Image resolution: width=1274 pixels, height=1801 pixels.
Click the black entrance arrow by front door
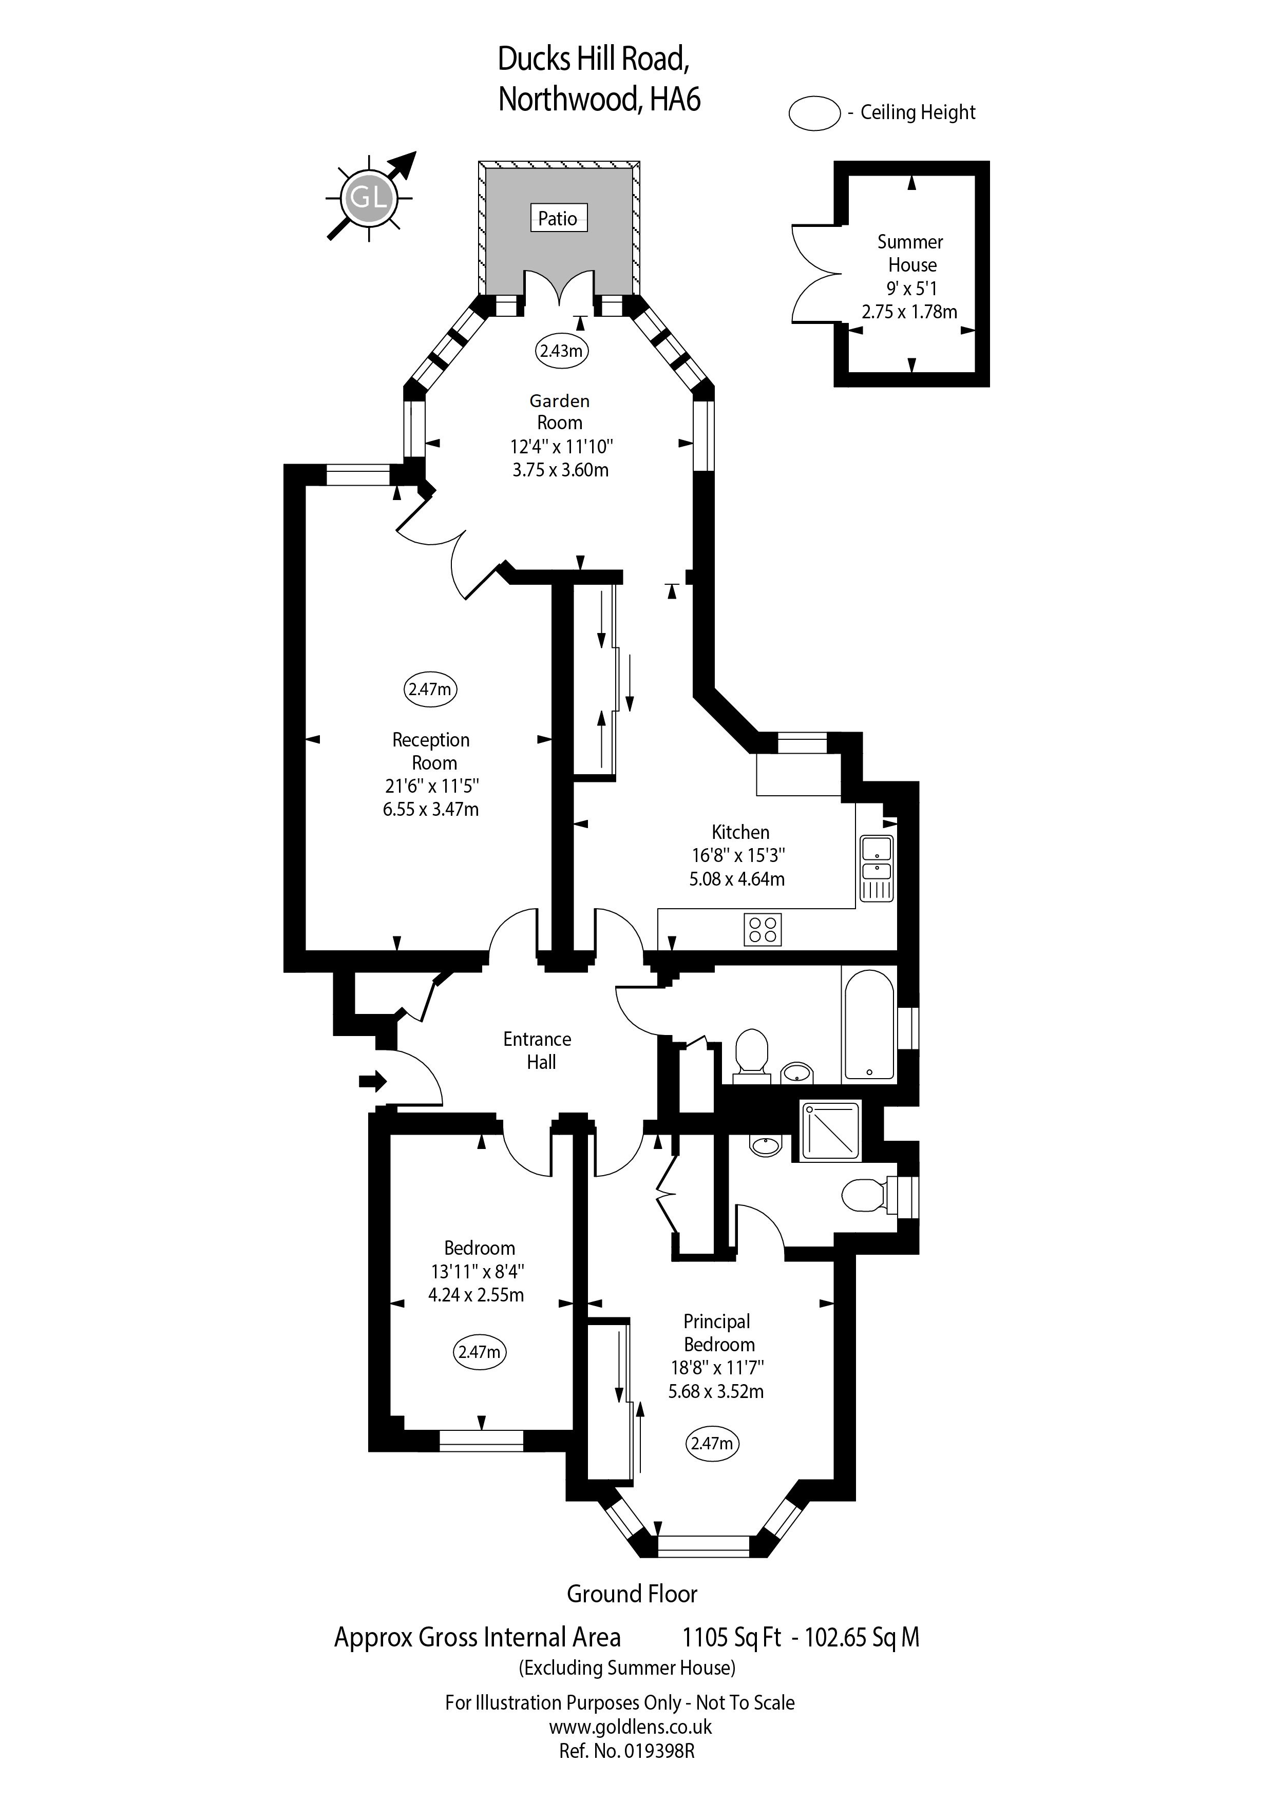click(373, 1082)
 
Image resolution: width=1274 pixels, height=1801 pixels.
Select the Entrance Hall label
click(538, 1050)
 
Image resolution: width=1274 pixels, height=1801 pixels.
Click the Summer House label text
click(911, 254)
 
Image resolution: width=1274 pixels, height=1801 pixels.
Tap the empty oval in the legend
click(815, 113)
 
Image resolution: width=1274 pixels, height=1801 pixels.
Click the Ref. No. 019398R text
click(627, 1751)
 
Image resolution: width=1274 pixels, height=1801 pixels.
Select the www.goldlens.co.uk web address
click(631, 1727)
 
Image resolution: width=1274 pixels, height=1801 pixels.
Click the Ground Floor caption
click(632, 1594)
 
